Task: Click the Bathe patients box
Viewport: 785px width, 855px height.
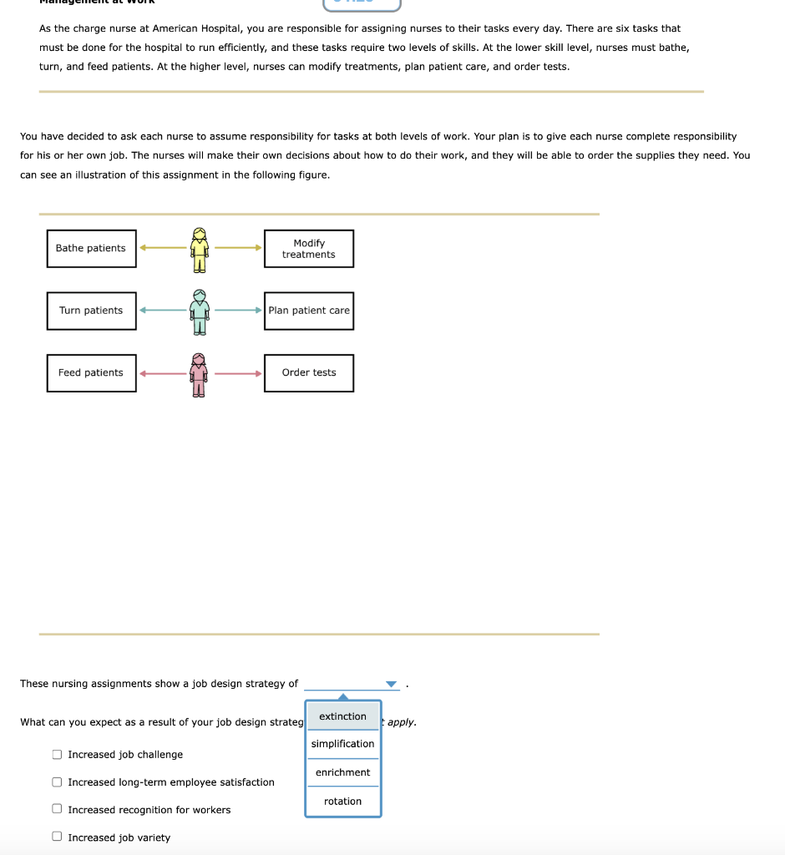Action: (91, 248)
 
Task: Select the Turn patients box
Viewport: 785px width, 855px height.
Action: (91, 311)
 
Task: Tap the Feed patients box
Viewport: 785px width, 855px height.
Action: (91, 373)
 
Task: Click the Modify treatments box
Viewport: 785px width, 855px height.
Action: (309, 249)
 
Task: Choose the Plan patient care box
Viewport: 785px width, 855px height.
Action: (309, 311)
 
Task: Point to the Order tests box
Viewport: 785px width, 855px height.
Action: (309, 373)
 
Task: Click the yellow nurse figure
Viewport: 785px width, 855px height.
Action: (199, 249)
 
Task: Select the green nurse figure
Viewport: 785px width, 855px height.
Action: (199, 311)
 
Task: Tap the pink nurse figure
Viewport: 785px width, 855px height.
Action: (199, 374)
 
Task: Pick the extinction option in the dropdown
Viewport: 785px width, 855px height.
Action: (342, 716)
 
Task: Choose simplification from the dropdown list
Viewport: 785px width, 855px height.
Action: (342, 744)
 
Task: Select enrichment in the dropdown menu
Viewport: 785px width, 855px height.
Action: (342, 772)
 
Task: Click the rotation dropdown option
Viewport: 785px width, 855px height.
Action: (342, 802)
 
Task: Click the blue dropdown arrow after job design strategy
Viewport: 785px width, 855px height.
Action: (391, 685)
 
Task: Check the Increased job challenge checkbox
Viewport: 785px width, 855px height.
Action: (57, 755)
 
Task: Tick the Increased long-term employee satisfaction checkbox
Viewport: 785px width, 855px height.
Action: (57, 782)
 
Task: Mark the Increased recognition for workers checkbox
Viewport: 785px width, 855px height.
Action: (57, 810)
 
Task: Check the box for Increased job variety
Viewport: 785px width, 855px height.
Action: (57, 837)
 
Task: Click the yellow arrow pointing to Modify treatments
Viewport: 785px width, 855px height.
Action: (239, 247)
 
